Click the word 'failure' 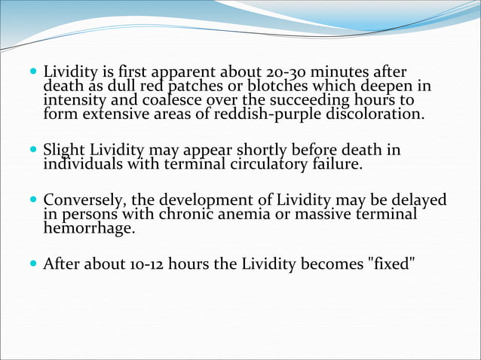tap(339, 164)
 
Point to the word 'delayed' tap(417, 200)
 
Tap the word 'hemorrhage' tap(89, 228)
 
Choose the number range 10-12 tap(141, 264)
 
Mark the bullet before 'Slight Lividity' tap(34, 151)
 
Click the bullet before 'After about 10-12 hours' tap(34, 264)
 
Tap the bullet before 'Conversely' tap(34, 200)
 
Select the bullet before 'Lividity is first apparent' tap(34, 73)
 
